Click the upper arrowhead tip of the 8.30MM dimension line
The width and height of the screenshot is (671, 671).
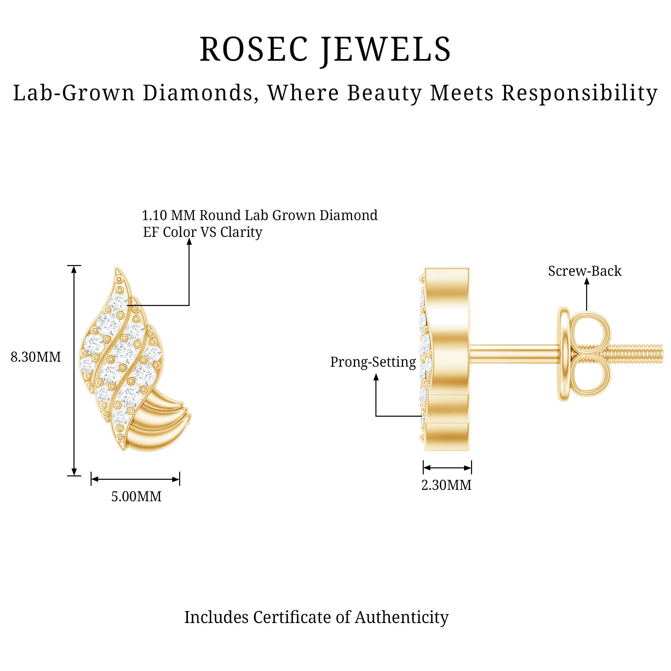click(74, 266)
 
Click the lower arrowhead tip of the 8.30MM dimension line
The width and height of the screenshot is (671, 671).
click(74, 475)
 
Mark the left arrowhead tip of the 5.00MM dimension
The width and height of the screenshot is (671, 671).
click(91, 479)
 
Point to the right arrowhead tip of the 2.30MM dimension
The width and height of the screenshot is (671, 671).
click(471, 468)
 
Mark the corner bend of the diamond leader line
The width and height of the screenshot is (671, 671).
click(189, 305)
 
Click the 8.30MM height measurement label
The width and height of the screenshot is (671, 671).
click(36, 357)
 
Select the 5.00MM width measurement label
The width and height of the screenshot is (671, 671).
click(137, 497)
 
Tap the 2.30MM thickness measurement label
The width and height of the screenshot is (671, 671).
click(447, 485)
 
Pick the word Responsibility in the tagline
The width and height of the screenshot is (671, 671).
click(579, 93)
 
